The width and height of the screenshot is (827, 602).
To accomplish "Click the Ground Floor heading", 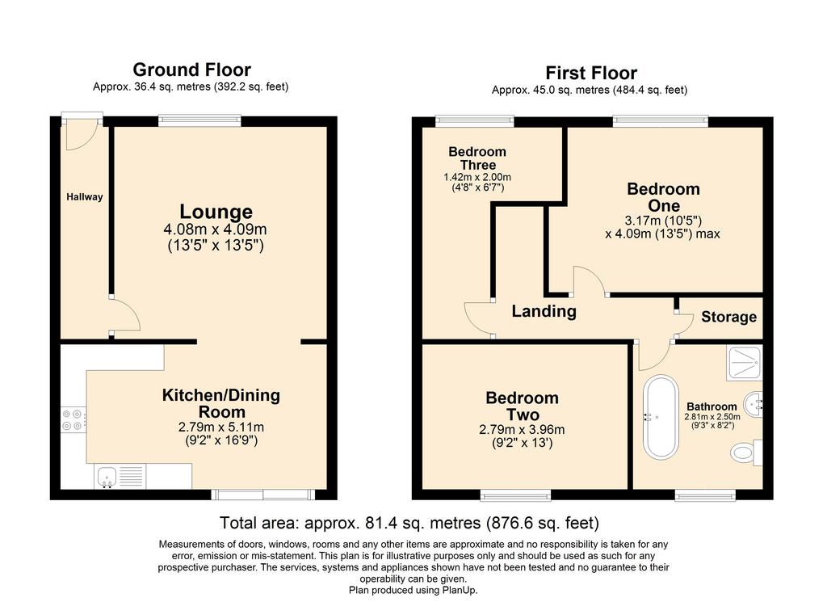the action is point(191,69).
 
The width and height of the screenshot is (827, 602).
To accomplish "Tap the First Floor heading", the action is point(591,73).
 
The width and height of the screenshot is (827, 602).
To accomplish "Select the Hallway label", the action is point(84,197).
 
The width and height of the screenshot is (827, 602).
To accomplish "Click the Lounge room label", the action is point(216,212).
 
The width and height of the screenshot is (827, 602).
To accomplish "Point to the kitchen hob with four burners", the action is point(73,420).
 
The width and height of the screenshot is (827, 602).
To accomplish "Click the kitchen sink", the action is point(107,477).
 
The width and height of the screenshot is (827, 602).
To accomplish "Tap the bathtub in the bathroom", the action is point(661,417).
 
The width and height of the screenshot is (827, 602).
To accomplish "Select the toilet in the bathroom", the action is point(745,453).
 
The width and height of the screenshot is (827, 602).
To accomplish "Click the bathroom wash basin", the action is point(754,405).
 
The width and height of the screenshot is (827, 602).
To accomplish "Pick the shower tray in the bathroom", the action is point(744,364).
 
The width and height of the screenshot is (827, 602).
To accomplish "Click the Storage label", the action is point(729,317).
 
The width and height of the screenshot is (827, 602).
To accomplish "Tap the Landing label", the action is point(544,311).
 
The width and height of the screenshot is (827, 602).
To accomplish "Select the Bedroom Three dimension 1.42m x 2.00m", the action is point(477,177).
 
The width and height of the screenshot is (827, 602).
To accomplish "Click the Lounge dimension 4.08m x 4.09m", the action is point(215,229).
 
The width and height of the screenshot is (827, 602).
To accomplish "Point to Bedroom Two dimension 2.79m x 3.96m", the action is point(523,429).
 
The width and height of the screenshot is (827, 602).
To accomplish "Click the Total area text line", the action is point(409,523).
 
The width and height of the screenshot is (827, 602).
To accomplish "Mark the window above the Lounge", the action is point(200,121).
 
